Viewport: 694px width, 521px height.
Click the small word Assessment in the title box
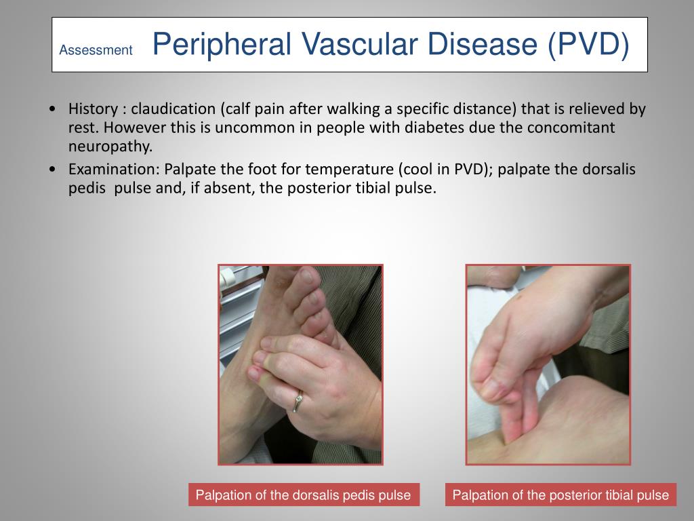(x=96, y=50)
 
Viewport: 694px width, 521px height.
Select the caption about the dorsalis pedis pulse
(x=303, y=495)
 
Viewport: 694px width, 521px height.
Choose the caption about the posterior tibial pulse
(x=560, y=495)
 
